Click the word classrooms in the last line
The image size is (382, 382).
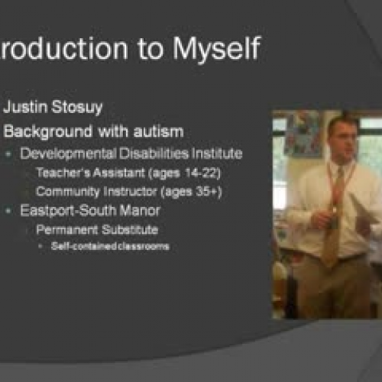click(x=144, y=246)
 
